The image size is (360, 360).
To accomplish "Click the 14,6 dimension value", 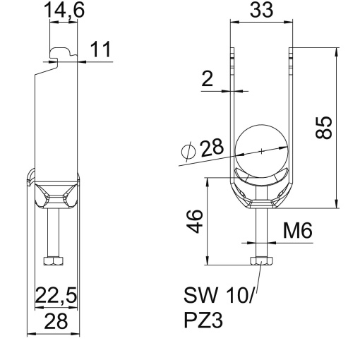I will pyautogui.click(x=64, y=11).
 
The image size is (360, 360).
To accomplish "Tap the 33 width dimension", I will pyautogui.click(x=260, y=11).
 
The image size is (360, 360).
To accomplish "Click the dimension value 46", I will pyautogui.click(x=198, y=220).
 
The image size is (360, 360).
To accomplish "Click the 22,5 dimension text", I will pyautogui.click(x=56, y=296).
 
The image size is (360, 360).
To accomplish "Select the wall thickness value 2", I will pyautogui.click(x=207, y=79).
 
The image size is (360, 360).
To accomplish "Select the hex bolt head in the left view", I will pyautogui.click(x=53, y=261).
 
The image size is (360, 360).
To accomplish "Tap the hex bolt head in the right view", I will pyautogui.click(x=260, y=261).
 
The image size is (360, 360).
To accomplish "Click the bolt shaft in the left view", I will pyautogui.click(x=53, y=233).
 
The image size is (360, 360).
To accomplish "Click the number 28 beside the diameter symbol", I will pyautogui.click(x=211, y=148).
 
